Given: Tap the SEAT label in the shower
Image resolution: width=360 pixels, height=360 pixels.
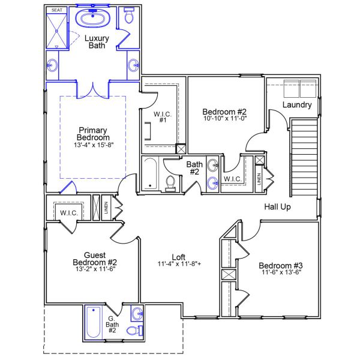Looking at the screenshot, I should pos(57,10).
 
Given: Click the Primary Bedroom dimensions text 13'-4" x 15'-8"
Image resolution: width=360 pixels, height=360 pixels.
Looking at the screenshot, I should pos(93,145).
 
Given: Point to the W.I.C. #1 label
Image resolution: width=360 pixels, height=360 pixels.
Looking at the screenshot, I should pos(163,117).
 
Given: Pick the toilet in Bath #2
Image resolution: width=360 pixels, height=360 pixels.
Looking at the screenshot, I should pos(170,184).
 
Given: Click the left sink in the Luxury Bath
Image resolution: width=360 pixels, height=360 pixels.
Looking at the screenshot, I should pos(54,65).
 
